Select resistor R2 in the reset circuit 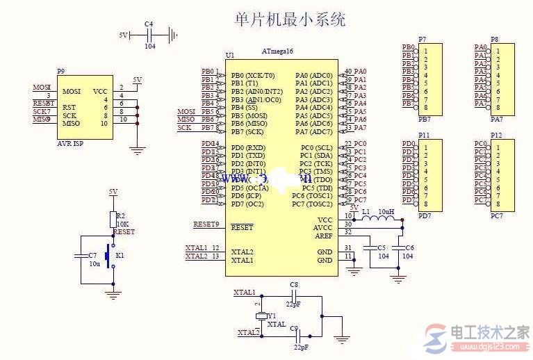(113, 220)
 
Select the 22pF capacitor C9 (294, 335)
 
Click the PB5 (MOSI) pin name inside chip (251, 115)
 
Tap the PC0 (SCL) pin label (316, 148)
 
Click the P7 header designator (423, 40)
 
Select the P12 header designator (496, 135)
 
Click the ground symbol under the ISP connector (138, 149)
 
